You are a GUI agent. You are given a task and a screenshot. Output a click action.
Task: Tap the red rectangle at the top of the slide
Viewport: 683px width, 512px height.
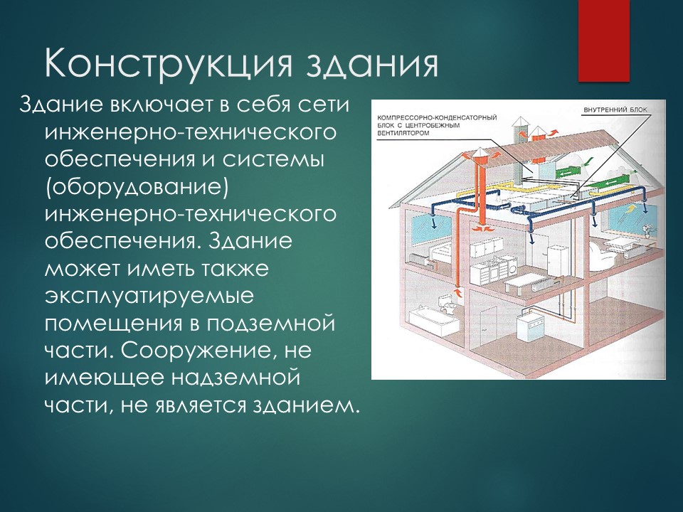tap(603, 39)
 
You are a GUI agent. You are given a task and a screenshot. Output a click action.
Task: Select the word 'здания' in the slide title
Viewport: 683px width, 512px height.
tap(371, 65)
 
